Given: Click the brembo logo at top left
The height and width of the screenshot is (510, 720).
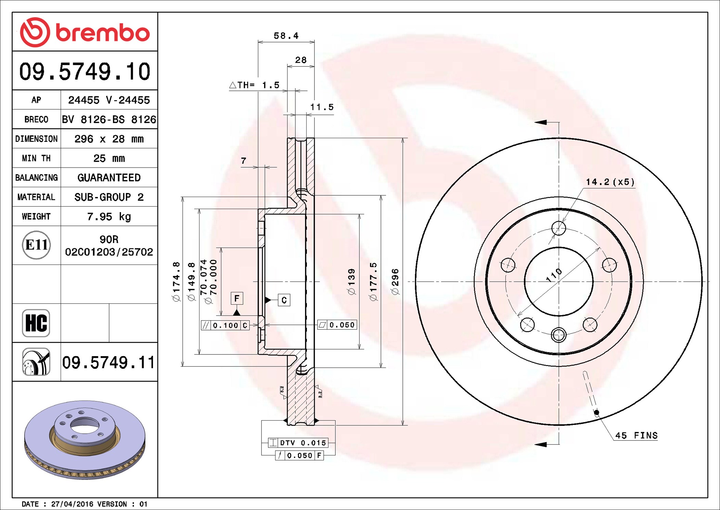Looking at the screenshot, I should click(85, 32).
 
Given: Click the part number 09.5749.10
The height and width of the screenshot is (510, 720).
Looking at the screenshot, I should click(85, 72).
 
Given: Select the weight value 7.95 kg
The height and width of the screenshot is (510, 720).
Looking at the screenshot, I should click(109, 217).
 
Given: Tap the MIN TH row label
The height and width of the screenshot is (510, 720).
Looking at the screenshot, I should click(36, 158).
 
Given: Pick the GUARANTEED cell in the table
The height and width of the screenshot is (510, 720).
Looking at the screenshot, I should click(109, 178).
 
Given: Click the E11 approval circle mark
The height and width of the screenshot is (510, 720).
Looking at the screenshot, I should click(36, 245).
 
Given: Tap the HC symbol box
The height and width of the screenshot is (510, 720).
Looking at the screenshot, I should click(36, 323).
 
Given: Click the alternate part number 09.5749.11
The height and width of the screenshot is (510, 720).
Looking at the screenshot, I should click(108, 363).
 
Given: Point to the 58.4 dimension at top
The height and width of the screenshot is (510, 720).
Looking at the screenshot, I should click(286, 36).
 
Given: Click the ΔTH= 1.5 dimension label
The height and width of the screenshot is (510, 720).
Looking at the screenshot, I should click(254, 85).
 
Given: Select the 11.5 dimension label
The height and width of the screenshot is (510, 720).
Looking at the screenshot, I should click(322, 107).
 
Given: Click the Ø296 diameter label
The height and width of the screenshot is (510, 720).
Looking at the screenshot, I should click(395, 282).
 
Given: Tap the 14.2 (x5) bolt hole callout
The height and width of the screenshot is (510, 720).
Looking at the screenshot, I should click(610, 182).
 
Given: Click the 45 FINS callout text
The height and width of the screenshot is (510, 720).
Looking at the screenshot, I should click(636, 436).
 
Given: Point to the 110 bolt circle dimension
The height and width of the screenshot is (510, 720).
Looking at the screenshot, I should click(554, 275).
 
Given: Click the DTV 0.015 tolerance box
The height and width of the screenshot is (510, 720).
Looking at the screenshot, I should click(298, 443).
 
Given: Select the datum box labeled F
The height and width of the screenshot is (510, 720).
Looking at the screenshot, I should click(237, 299).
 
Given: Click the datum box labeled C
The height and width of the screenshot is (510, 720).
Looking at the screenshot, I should click(284, 300).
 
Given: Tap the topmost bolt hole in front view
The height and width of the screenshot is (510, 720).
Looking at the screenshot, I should click(558, 228).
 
